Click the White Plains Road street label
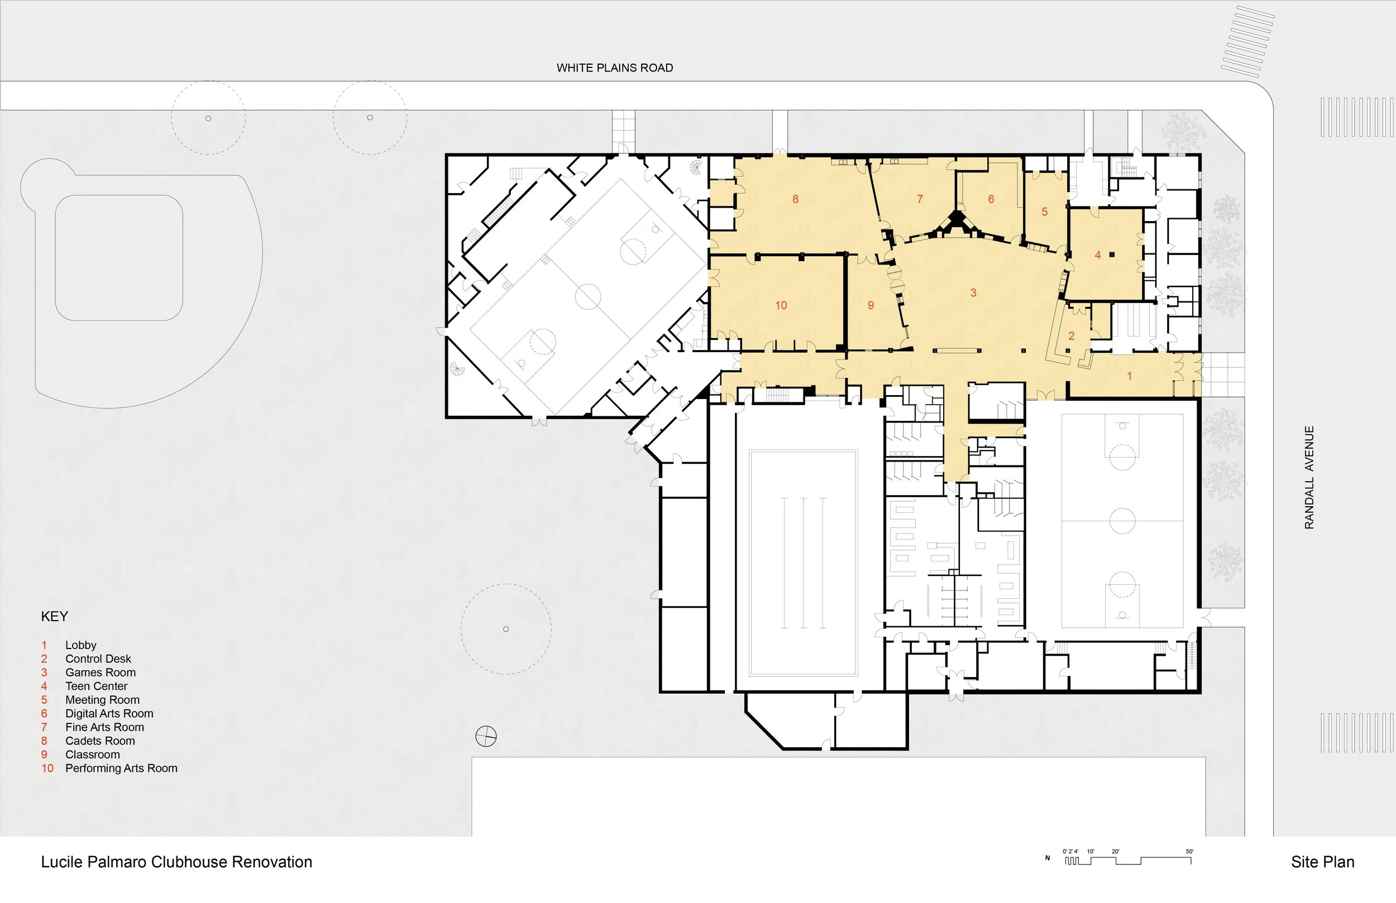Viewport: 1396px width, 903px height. [615, 68]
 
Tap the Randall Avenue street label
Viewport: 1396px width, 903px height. [1309, 477]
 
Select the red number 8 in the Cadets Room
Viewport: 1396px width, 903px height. [795, 199]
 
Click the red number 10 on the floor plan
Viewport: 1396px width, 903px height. [781, 305]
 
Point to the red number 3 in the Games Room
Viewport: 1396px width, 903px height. [973, 292]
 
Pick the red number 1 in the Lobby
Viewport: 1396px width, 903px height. [1129, 376]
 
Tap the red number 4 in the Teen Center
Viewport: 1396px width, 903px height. [1097, 255]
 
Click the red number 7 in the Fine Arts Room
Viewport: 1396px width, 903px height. [920, 199]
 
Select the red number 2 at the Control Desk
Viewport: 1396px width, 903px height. [1071, 336]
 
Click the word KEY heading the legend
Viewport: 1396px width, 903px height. [55, 616]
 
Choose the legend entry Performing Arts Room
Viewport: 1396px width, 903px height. [121, 768]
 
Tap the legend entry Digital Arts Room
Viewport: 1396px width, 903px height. [109, 714]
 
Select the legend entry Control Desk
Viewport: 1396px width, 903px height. [98, 659]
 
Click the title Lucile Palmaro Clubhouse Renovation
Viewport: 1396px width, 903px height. [176, 862]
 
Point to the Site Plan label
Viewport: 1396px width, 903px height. [1323, 862]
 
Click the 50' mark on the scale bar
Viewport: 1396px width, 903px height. [1189, 852]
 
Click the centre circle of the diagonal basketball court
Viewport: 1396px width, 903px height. [588, 297]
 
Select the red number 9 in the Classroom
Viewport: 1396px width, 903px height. [871, 305]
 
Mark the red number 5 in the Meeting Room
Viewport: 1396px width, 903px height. [1044, 212]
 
